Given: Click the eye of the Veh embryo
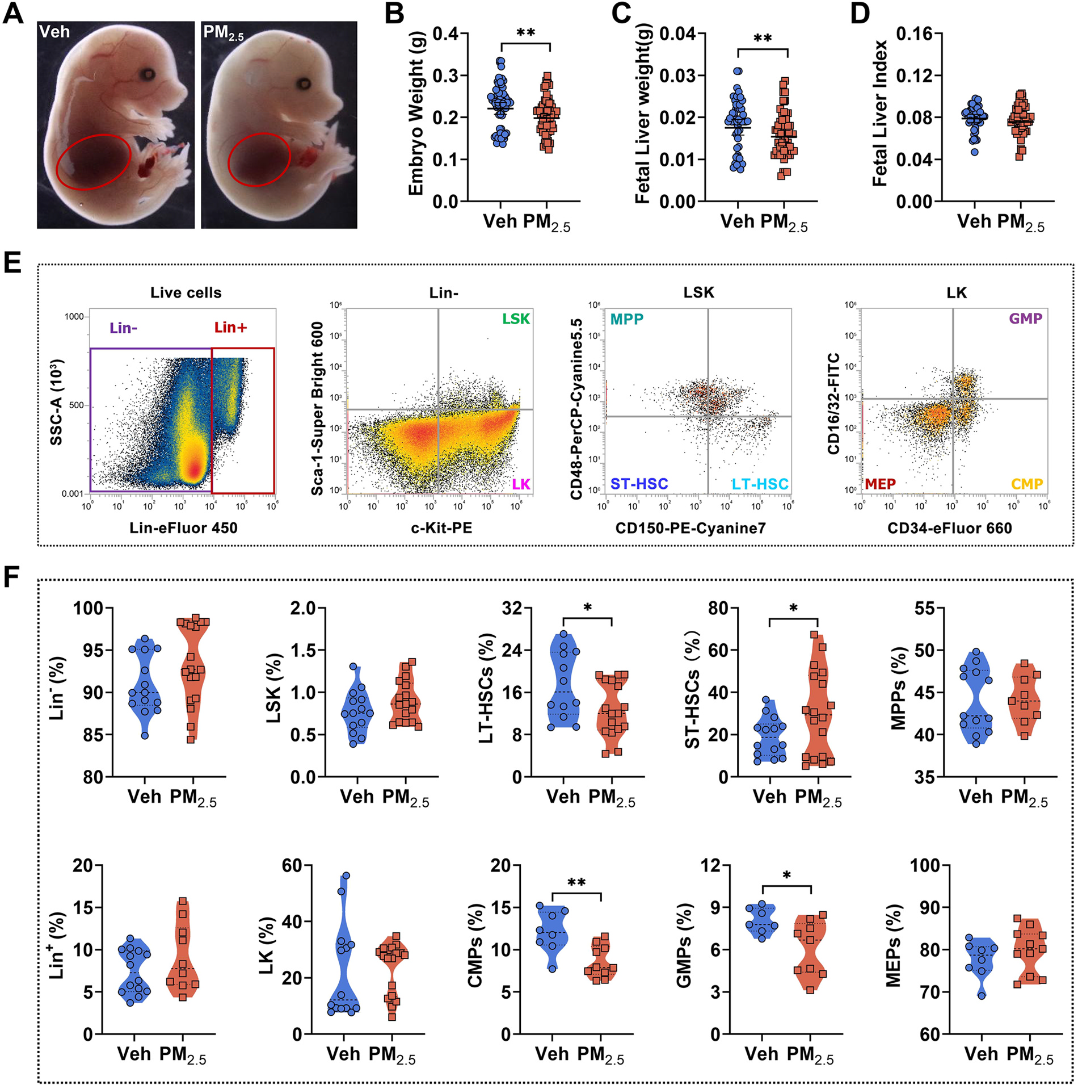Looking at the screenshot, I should pos(149,74).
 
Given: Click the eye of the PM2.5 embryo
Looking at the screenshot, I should pos(304,84).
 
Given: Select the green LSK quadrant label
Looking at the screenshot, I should pos(515,319).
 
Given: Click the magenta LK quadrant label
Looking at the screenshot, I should pos(521,484).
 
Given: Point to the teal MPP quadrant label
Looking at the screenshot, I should pos(626,319).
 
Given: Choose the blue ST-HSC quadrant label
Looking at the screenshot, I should pos(639,484).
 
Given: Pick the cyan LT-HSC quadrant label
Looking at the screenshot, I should pos(760,484).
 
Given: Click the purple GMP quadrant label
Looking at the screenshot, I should pos(1025,319).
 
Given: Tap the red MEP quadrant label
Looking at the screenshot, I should pos(880,484).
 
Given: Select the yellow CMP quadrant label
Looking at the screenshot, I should pos(1027,484).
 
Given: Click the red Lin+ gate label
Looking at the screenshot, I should pos(230,327).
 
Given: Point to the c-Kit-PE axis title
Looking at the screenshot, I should pos(441,528).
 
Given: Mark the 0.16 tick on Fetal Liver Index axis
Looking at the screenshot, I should pos(914,33).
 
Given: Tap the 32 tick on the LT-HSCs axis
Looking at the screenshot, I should pos(512,608).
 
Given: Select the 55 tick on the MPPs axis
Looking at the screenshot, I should pos(925,608).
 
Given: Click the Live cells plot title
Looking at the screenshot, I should pos(186,292).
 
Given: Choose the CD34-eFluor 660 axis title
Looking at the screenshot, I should pos(949,528).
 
